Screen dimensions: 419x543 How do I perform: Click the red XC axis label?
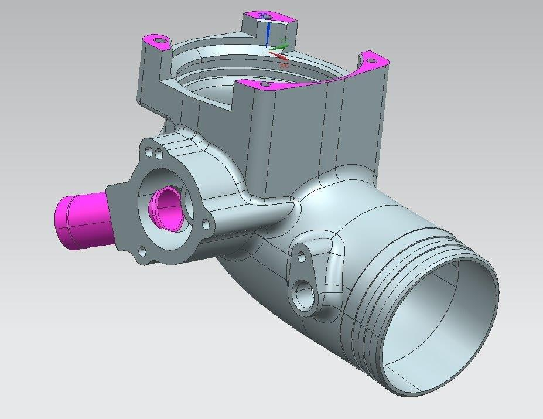click(284, 65)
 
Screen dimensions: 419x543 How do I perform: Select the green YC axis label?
click(284, 43)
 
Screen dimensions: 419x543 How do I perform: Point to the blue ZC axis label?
click(264, 16)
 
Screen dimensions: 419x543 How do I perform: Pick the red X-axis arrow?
click(278, 55)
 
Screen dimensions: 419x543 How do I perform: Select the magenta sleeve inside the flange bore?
click(165, 207)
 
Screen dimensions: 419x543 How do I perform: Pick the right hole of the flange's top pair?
click(159, 155)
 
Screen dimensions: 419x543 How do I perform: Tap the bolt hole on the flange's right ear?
click(205, 224)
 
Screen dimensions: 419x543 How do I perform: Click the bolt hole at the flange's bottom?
click(142, 253)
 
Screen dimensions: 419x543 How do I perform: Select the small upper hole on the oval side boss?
click(302, 257)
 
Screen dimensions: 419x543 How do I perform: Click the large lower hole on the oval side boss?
click(304, 295)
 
